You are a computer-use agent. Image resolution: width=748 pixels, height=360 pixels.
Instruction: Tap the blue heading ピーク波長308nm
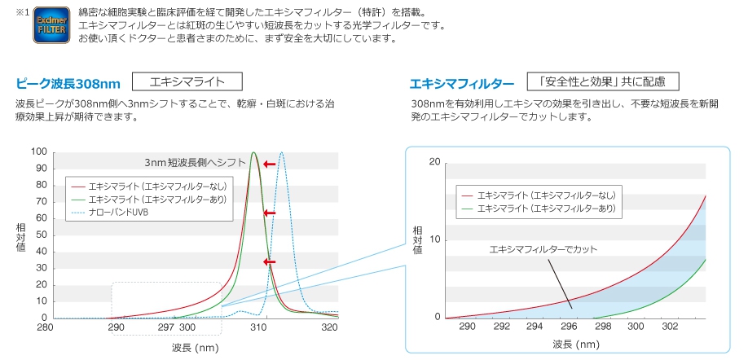pos(68,84)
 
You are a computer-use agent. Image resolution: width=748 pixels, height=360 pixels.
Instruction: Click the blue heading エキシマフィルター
pos(462,84)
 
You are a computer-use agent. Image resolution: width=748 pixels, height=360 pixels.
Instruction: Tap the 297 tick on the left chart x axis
pos(166,327)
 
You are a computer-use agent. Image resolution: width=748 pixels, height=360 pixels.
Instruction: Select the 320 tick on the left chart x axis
pos(329,327)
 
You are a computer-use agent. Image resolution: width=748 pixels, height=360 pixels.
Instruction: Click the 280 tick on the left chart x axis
pos(46,327)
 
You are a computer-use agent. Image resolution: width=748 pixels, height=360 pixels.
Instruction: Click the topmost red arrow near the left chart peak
pos(270,165)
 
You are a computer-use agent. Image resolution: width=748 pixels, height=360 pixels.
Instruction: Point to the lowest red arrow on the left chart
pos(270,261)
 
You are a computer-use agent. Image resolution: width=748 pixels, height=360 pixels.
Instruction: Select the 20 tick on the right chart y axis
pos(433,163)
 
